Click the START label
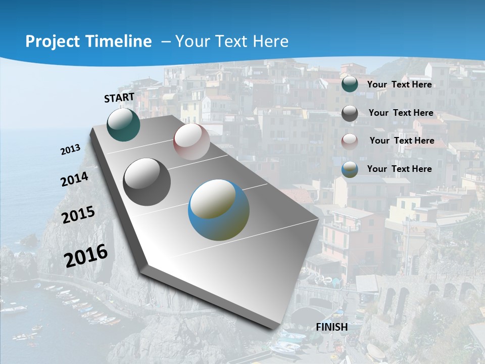tap(119, 98)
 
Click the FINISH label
tap(332, 327)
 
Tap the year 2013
tap(71, 150)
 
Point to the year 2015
tap(78, 215)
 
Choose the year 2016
tap(86, 255)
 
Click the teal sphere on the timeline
tap(124, 125)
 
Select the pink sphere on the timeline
tap(191, 142)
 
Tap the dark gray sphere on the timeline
tap(147, 182)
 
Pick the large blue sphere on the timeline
tap(219, 210)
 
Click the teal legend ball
tap(350, 84)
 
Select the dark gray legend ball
tap(350, 113)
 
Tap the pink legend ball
tap(350, 141)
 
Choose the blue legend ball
tap(350, 169)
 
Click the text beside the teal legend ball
tap(399, 84)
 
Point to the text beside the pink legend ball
tap(402, 141)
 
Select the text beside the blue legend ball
tap(399, 169)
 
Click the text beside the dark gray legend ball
tap(401, 113)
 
